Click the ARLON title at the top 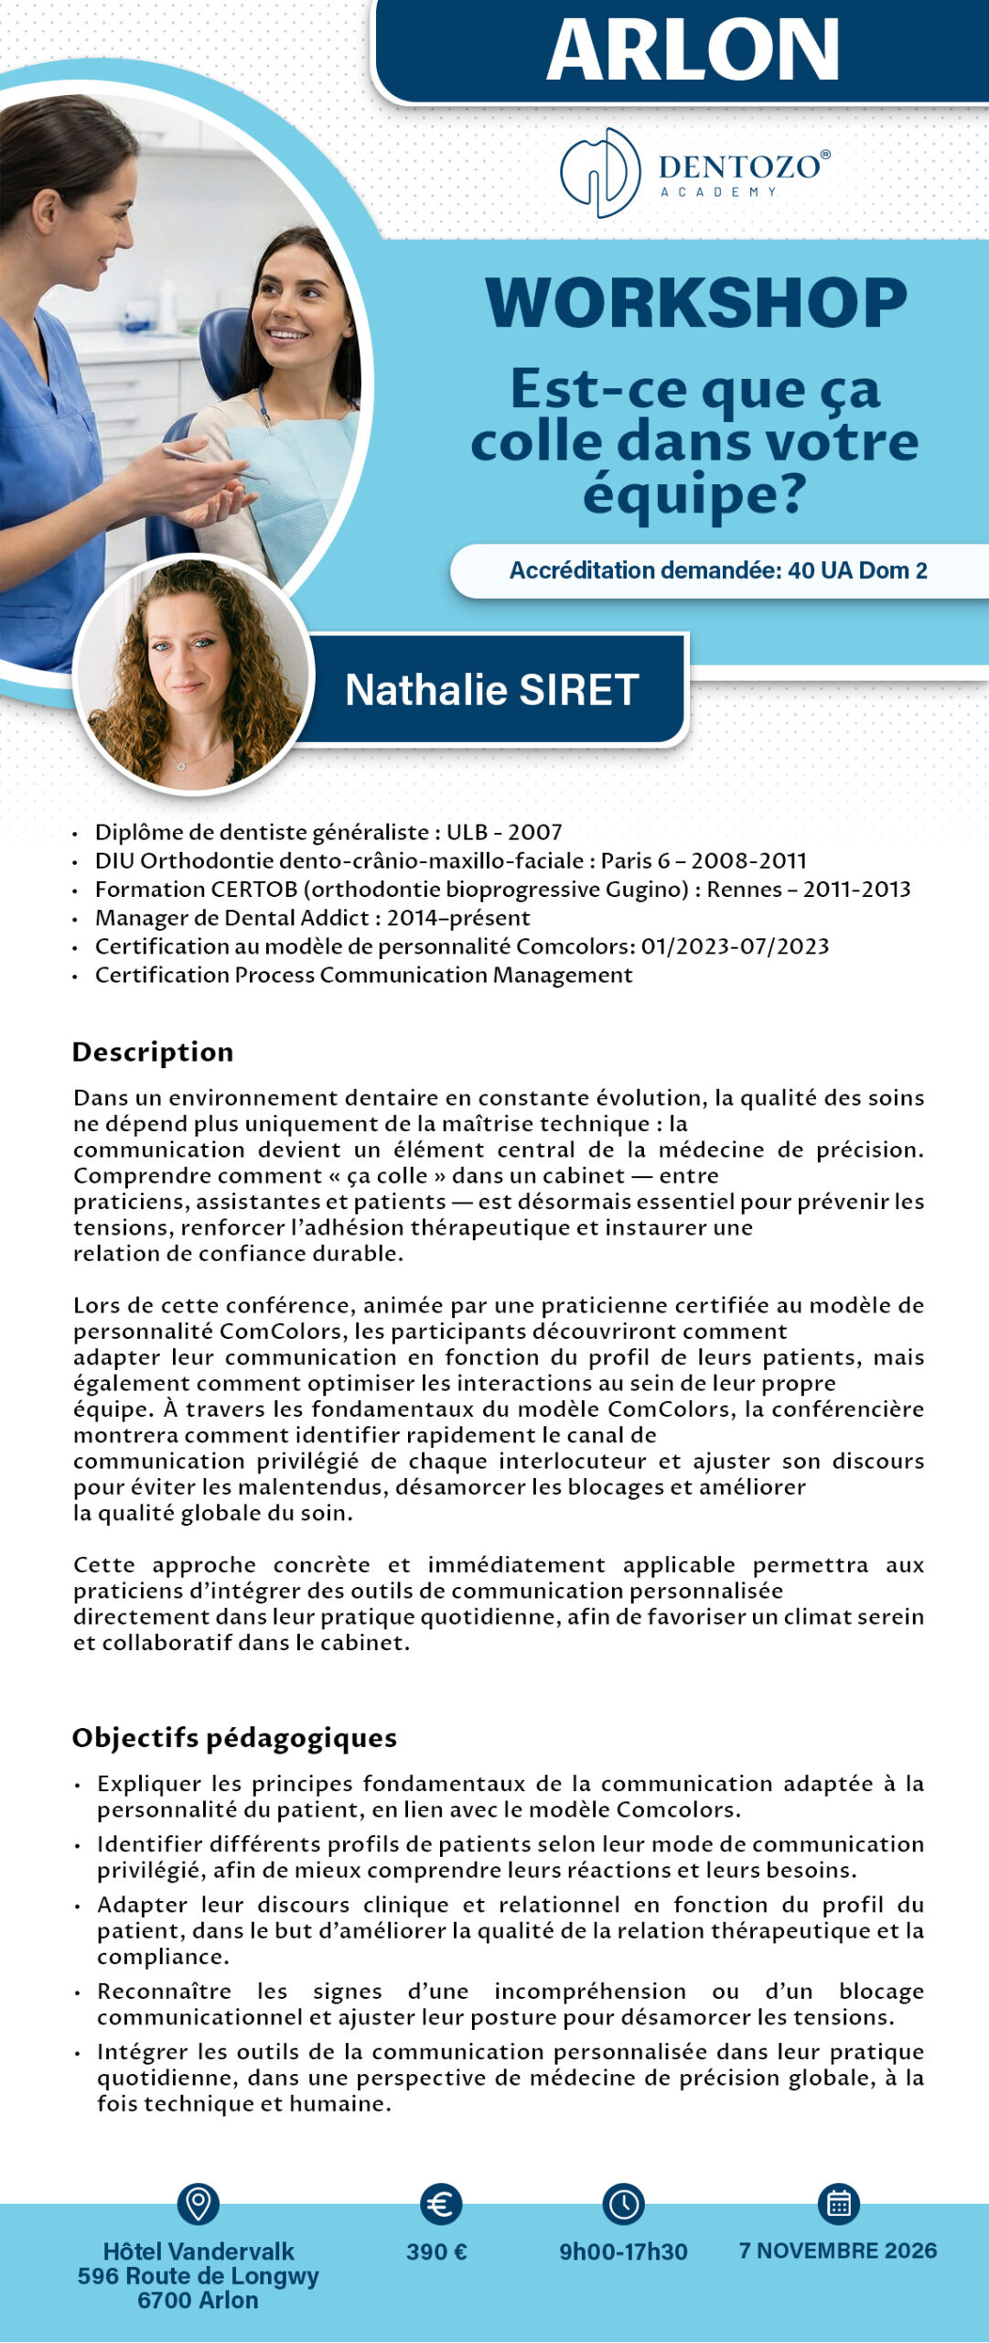(693, 50)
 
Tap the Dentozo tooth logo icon (600, 172)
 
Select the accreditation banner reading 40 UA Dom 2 (718, 571)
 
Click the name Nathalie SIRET (491, 690)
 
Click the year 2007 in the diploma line (534, 832)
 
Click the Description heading (153, 1052)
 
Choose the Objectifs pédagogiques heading (234, 1737)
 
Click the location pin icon (198, 2203)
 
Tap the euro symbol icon (441, 2204)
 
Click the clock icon (623, 2204)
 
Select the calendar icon (838, 2204)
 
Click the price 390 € (436, 2251)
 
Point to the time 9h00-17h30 (623, 2251)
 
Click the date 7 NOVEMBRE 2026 (838, 2251)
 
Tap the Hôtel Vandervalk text (199, 2251)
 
